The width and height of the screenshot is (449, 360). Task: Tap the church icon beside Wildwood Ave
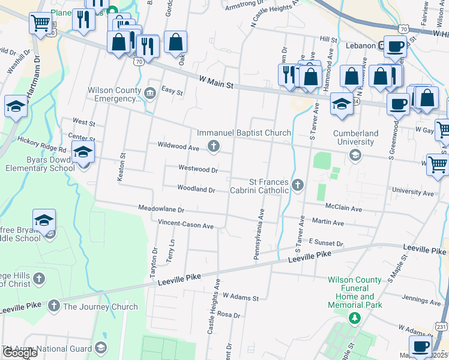(212, 146)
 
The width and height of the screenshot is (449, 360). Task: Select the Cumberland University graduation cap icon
(355, 155)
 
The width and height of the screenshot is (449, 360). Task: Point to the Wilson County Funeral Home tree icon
(355, 317)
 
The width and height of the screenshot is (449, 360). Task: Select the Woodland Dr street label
(196, 189)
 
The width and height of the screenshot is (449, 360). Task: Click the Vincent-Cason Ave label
(185, 226)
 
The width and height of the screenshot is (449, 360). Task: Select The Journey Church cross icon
(54, 307)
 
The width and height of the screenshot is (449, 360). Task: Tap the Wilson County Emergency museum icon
(150, 92)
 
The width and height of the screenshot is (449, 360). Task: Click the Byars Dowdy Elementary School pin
(83, 153)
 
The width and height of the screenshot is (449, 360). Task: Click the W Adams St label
(240, 297)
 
